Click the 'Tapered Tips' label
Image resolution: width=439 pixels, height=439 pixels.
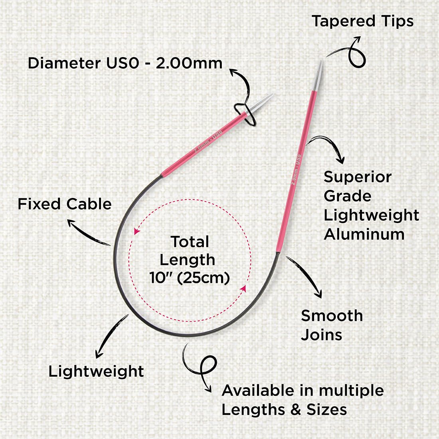pyautogui.click(x=362, y=22)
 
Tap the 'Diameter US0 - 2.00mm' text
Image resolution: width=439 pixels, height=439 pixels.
pyautogui.click(x=125, y=63)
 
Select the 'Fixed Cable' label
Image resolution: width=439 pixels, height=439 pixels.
pyautogui.click(x=65, y=204)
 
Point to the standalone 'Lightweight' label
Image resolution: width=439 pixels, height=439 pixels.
pyautogui.click(x=96, y=372)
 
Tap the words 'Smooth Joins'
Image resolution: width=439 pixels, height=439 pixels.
pyautogui.click(x=332, y=325)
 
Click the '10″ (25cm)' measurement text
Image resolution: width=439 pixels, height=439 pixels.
pyautogui.click(x=190, y=278)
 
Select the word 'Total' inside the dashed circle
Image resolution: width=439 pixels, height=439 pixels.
pyautogui.click(x=190, y=241)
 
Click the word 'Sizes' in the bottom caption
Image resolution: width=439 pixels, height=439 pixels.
pyautogui.click(x=327, y=409)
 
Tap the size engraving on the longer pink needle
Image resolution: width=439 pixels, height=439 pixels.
pyautogui.click(x=296, y=169)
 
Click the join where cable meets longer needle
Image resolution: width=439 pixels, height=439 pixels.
pyautogui.click(x=278, y=253)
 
